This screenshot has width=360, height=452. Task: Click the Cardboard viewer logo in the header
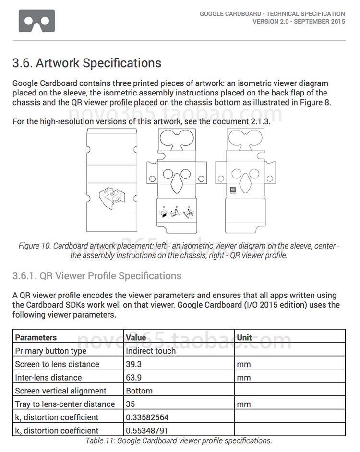point(36,21)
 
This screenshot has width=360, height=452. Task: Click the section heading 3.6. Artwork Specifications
point(87,63)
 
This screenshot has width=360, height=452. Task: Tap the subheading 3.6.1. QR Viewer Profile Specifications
point(97,276)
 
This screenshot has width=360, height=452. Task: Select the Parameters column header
point(36,337)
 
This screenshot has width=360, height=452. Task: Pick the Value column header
point(136,337)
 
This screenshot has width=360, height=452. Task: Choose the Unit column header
point(244,337)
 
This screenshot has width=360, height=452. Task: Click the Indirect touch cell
point(151,351)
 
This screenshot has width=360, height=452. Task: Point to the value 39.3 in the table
point(134,364)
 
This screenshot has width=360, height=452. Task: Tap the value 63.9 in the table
point(134,378)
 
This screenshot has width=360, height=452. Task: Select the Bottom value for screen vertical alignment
point(139,391)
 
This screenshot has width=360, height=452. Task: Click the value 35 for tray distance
point(131,404)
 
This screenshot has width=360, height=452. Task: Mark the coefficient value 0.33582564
point(147,417)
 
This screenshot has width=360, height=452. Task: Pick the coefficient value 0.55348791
point(147,430)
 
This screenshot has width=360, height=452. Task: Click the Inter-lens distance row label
point(48,378)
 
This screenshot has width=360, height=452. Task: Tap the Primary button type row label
point(51,351)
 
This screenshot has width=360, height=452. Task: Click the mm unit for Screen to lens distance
point(244,364)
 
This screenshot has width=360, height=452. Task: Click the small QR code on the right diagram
point(232,190)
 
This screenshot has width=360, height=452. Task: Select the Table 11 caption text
point(179,440)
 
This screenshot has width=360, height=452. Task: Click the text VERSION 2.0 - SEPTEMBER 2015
point(299,22)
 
